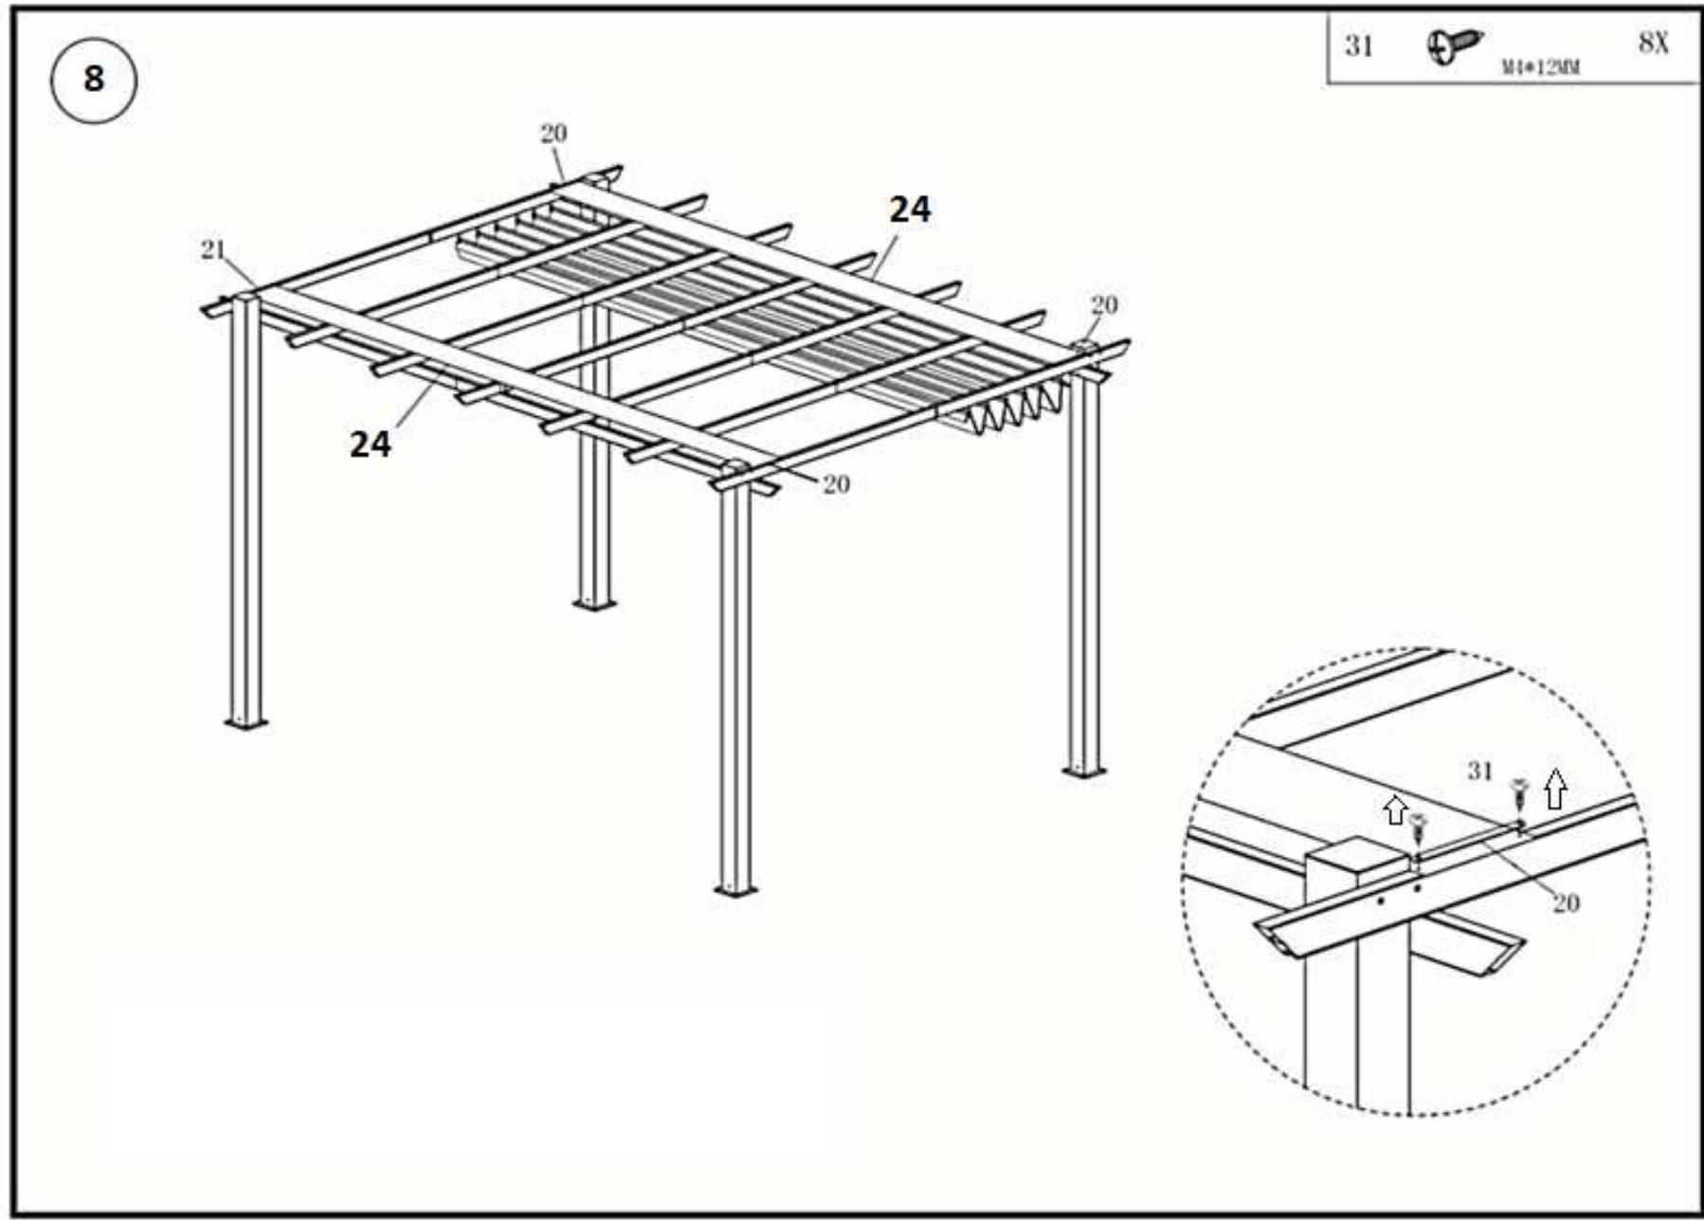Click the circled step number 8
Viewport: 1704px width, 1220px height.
point(93,79)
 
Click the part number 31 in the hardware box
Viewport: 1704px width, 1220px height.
point(1359,46)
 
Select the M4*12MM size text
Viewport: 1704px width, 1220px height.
point(1540,67)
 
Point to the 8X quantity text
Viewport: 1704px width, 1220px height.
point(1653,43)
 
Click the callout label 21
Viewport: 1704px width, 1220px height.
point(213,249)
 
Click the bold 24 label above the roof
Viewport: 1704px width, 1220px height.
point(910,209)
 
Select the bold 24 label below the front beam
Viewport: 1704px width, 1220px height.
point(370,444)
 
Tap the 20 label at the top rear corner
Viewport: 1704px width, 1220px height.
point(553,134)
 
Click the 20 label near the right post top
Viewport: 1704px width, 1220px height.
point(1104,304)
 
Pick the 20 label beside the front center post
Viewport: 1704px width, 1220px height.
point(835,484)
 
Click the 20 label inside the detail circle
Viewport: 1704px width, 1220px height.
point(1566,902)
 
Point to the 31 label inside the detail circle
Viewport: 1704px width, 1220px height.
point(1479,771)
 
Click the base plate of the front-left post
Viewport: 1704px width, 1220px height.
point(245,723)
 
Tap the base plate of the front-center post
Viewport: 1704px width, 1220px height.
point(735,890)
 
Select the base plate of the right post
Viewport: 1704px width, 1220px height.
point(1083,772)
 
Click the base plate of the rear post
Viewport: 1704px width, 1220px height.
point(594,604)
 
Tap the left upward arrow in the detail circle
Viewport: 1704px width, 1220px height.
point(1395,810)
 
